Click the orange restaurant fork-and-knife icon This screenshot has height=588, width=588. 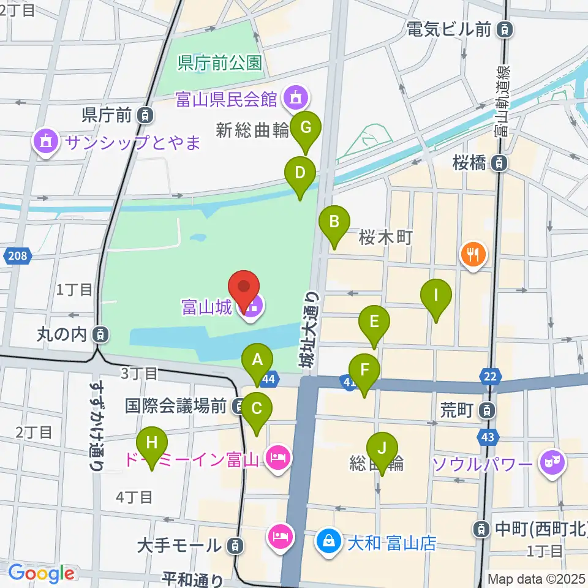(473, 254)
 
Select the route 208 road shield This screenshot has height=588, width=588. (18, 255)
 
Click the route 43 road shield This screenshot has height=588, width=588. (488, 437)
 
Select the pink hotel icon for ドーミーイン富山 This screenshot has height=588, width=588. (277, 458)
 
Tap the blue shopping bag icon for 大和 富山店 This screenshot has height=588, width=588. (329, 541)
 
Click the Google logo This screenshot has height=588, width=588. (41, 573)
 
